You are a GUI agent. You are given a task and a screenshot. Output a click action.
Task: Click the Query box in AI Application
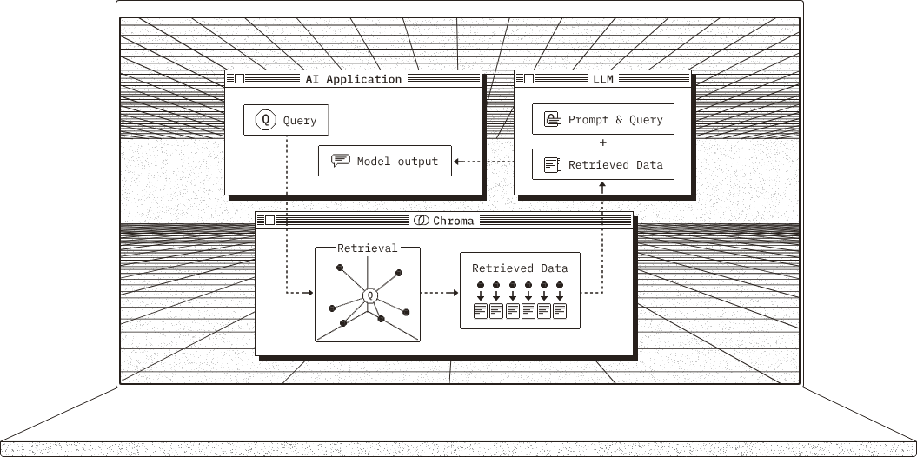(286, 120)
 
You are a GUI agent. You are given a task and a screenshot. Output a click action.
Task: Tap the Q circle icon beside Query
(265, 120)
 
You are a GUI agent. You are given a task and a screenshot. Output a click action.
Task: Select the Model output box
(385, 162)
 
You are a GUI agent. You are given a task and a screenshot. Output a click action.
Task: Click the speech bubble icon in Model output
(341, 161)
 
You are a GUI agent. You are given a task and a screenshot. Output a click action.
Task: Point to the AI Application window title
(353, 79)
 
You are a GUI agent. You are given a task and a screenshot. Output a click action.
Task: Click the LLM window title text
(603, 79)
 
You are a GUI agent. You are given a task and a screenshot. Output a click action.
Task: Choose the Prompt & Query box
(603, 120)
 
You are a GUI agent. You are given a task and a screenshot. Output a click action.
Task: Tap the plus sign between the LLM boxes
(603, 142)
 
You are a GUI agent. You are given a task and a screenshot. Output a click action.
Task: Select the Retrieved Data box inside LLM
(603, 164)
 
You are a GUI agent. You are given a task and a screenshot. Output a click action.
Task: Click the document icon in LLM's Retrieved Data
(551, 164)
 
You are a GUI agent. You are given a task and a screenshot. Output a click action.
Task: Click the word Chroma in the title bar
(454, 221)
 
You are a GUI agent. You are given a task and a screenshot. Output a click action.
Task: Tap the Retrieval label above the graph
(368, 248)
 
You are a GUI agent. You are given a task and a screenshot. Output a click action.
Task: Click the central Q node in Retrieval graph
(371, 295)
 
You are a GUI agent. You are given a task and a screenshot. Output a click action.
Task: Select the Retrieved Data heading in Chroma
(520, 268)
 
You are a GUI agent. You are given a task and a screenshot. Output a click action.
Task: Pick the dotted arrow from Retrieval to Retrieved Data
(439, 293)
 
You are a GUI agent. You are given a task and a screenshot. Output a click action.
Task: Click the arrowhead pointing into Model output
(457, 162)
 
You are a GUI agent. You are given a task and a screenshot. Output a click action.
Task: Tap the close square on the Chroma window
(269, 221)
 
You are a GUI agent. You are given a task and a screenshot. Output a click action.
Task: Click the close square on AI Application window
(239, 79)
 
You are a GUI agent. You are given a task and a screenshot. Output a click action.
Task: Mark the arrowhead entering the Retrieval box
(309, 293)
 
